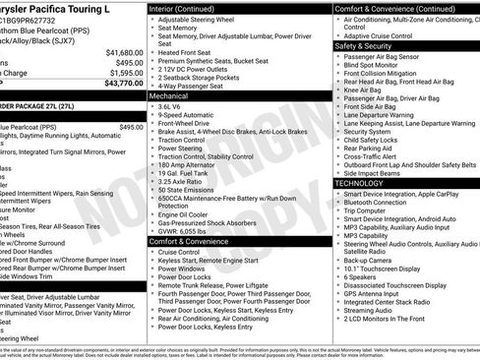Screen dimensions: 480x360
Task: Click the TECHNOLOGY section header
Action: pos(360,183)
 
